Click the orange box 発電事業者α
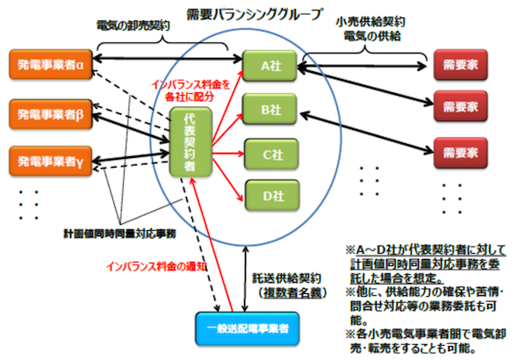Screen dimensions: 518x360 tap(51, 65)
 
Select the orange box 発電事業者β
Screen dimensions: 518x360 tap(51, 114)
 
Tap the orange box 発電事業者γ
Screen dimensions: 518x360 tap(51, 162)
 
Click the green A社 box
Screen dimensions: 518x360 tap(270, 66)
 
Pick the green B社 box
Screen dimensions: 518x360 tap(270, 109)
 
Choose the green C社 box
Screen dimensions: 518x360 tap(271, 155)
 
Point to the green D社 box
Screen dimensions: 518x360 tap(272, 196)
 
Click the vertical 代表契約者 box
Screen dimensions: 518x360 tap(191, 142)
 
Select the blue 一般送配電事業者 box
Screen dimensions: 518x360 tap(248, 328)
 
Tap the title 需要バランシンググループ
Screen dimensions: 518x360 tap(254, 15)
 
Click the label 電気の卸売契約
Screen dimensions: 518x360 tap(133, 25)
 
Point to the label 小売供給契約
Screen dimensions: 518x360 tap(371, 22)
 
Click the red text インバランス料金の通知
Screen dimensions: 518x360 tap(156, 267)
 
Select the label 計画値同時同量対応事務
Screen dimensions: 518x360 tap(120, 234)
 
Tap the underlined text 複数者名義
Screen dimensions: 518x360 tap(292, 292)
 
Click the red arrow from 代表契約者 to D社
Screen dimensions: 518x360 tap(228, 180)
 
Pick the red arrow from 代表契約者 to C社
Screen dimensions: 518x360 tap(228, 154)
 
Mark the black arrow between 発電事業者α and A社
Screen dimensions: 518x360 tap(168, 59)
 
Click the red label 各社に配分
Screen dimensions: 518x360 tap(190, 97)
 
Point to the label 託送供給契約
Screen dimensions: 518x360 tap(287, 278)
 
